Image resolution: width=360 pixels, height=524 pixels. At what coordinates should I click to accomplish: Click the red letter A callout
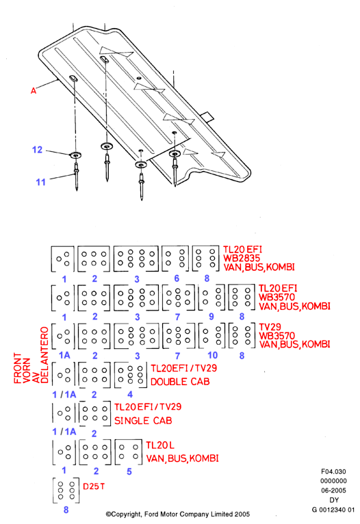[34, 90]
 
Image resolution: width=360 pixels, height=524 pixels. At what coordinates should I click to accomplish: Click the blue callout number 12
[38, 150]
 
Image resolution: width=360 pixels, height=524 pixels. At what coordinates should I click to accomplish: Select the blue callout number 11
[40, 182]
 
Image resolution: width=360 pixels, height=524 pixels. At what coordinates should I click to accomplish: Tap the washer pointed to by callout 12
[75, 155]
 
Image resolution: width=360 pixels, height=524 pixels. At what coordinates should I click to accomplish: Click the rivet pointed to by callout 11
[77, 176]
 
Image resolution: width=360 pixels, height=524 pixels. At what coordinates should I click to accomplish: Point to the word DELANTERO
[44, 355]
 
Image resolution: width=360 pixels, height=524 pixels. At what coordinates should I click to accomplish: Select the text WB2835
[242, 259]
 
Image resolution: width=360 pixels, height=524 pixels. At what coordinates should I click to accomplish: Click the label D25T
[94, 486]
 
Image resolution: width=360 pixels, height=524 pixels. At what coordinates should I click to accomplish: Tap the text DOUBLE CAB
[180, 382]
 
